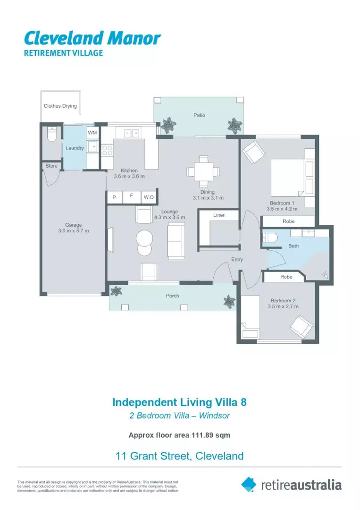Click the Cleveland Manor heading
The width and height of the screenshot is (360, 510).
click(x=92, y=37)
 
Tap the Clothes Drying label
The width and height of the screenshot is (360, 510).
click(x=60, y=106)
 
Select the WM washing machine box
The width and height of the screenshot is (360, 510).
click(x=92, y=133)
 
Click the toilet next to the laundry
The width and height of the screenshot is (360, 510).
click(x=52, y=135)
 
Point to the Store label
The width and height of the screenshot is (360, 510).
click(x=51, y=166)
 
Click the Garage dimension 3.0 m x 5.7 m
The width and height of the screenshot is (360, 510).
click(x=73, y=231)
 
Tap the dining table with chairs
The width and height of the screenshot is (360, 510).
click(x=203, y=171)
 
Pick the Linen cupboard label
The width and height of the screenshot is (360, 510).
click(x=219, y=215)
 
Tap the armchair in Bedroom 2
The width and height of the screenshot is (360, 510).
click(x=300, y=326)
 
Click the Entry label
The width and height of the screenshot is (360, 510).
click(x=237, y=260)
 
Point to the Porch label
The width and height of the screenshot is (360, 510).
click(x=172, y=296)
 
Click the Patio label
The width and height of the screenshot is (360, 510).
click(x=199, y=115)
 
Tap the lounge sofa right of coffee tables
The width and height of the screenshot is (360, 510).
click(x=176, y=240)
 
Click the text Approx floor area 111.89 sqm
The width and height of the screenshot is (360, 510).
click(x=179, y=435)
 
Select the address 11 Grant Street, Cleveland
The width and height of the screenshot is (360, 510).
click(x=179, y=456)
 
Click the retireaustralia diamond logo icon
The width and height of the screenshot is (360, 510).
click(x=249, y=484)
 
